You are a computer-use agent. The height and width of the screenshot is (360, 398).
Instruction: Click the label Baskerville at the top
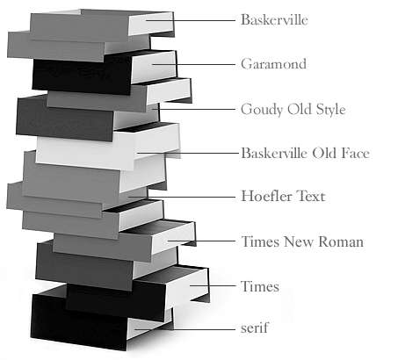point(274,20)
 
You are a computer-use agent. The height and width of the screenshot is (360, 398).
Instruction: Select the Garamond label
point(273,64)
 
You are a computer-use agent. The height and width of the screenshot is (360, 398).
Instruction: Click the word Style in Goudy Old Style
point(330,110)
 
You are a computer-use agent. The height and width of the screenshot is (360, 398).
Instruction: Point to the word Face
point(355,153)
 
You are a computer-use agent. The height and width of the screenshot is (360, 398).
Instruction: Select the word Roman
point(341,241)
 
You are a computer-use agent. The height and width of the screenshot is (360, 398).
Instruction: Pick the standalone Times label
point(260,286)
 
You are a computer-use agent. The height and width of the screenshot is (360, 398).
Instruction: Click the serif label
point(254,328)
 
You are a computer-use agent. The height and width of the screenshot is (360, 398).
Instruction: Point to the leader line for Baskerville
point(191,20)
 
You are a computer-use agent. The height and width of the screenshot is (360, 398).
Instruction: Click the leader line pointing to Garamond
point(193,64)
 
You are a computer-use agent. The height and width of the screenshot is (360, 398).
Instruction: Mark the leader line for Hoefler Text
point(182,197)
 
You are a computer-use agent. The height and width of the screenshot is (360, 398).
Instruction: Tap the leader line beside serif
point(185,329)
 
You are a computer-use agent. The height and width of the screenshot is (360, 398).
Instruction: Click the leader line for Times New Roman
point(201,241)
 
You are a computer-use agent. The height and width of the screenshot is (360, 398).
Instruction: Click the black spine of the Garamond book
point(82,76)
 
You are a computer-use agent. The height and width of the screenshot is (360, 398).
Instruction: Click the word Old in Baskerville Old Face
point(323,153)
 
